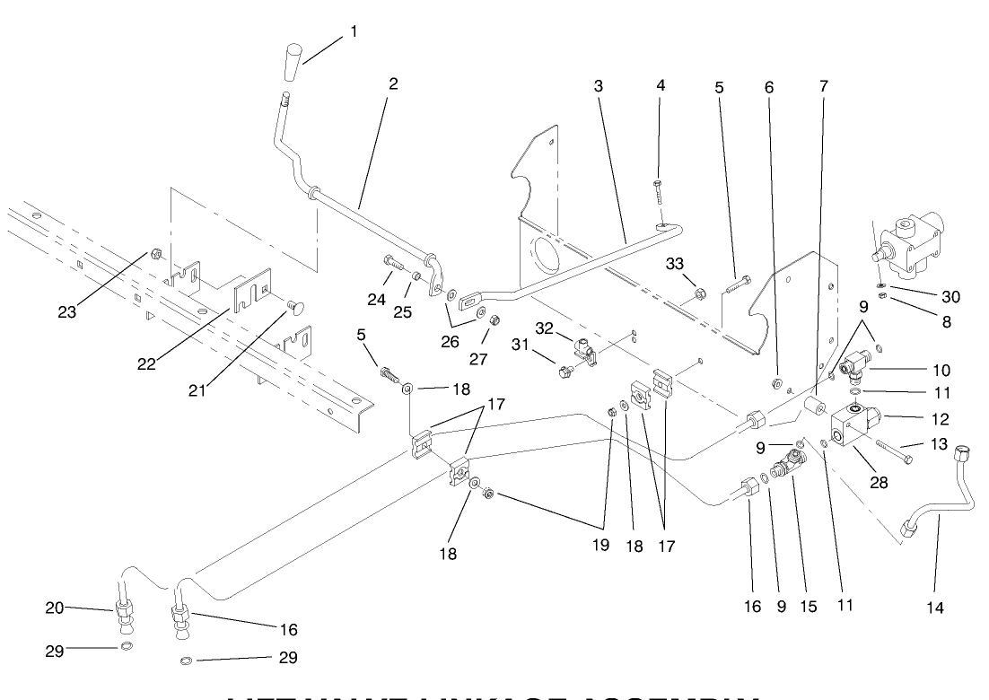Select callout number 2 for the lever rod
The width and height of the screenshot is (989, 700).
click(392, 83)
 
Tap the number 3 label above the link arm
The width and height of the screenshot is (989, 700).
click(599, 86)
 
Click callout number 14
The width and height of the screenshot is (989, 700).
click(935, 608)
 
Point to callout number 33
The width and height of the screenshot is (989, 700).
click(675, 263)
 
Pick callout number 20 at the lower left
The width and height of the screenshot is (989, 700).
click(55, 608)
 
